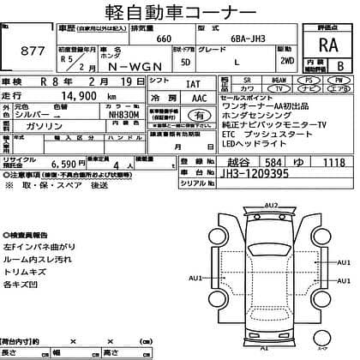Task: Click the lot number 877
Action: pos(32,51)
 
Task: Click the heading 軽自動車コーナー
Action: pos(179,15)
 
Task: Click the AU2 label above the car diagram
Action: pos(272,205)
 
